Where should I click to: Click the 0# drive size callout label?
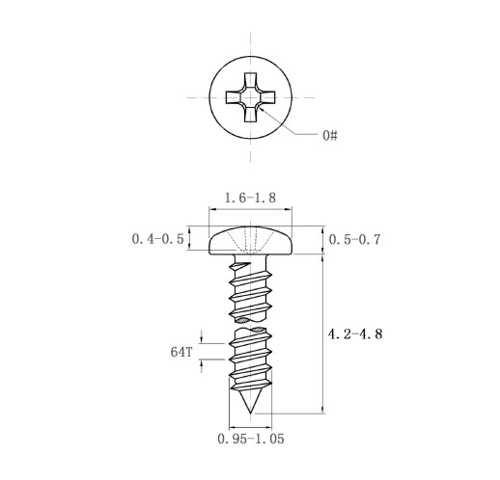point(330,136)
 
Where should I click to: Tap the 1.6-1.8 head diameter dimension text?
point(250,198)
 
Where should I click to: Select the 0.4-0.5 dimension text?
point(157,239)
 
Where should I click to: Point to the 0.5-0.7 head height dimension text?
point(354,240)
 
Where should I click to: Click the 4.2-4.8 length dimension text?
point(355,334)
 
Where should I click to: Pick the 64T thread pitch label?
point(181,352)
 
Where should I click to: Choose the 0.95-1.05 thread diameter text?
point(251,439)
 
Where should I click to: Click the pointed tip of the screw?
point(250,413)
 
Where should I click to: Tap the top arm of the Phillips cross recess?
point(250,80)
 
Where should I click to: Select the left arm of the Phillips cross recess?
point(234,97)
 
